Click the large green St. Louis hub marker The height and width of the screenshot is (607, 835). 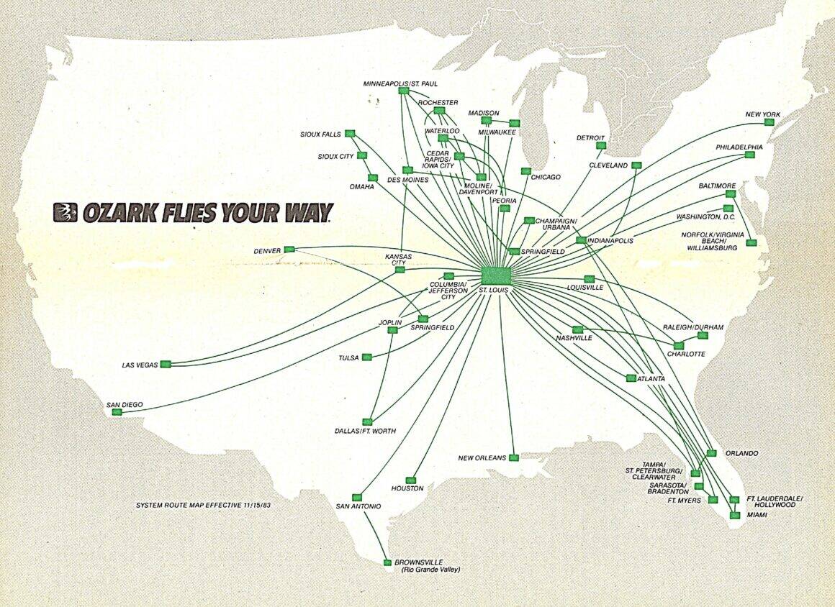pos(495,275)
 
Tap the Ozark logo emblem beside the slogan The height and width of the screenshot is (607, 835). pos(66,212)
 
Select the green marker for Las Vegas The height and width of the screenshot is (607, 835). pos(166,365)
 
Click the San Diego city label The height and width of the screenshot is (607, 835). pos(125,405)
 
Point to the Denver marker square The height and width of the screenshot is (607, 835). pos(289,250)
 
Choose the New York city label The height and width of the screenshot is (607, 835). pos(763,114)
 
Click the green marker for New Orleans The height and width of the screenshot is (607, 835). pos(513,457)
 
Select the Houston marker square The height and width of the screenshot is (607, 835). pos(410,480)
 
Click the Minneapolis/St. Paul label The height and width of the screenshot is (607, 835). pos(391,84)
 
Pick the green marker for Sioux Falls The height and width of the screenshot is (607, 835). pos(350,133)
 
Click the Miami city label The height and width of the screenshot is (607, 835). pos(757,516)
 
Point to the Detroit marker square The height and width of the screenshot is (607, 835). pos(601,146)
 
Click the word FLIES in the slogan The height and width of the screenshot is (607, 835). pos(183,213)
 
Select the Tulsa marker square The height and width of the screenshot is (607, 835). pos(367,357)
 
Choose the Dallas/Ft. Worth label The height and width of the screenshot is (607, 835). pos(365,431)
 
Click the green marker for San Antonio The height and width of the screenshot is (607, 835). pos(356,497)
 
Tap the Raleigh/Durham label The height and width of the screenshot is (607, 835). pos(698,327)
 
